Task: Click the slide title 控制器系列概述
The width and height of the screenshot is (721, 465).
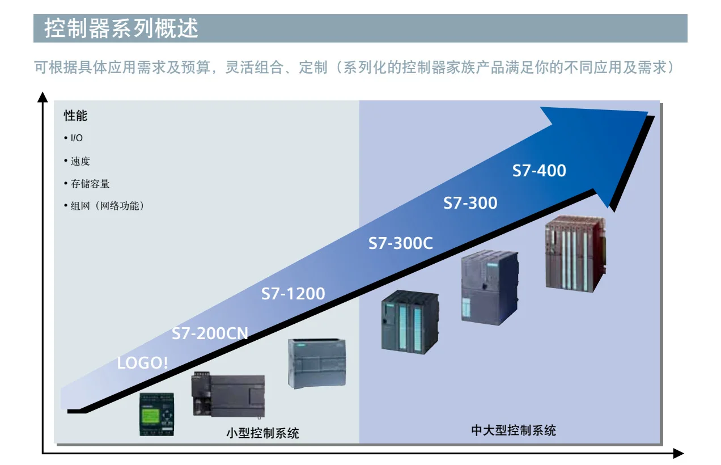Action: [x=121, y=28]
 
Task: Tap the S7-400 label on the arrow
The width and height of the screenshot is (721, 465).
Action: [x=539, y=170]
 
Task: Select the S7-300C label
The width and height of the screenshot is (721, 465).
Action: [x=400, y=243]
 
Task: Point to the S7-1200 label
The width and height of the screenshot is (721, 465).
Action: [x=293, y=294]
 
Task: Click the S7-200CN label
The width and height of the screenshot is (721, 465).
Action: [x=210, y=333]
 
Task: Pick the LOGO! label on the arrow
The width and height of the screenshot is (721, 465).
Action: [x=142, y=363]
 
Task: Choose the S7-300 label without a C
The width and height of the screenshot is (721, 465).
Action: [x=470, y=203]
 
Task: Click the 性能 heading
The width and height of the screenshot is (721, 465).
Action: [x=75, y=116]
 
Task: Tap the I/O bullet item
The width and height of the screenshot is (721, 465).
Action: [x=73, y=138]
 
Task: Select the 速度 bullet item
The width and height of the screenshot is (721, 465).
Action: [x=77, y=161]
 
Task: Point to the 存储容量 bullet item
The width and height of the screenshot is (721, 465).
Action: [x=87, y=184]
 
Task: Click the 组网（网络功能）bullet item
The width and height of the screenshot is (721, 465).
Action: [x=104, y=206]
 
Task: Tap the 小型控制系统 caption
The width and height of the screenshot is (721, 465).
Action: [x=262, y=433]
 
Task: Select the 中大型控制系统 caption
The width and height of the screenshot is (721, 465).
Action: [x=514, y=430]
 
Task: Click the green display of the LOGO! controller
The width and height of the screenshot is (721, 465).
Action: [x=151, y=414]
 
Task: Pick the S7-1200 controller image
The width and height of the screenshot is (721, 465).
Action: [x=317, y=363]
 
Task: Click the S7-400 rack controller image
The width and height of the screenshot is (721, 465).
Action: [x=575, y=253]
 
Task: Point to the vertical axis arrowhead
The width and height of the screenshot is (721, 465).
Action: [x=43, y=97]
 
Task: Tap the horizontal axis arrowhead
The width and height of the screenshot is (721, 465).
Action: [x=678, y=454]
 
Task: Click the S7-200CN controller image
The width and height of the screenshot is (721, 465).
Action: [x=228, y=395]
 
